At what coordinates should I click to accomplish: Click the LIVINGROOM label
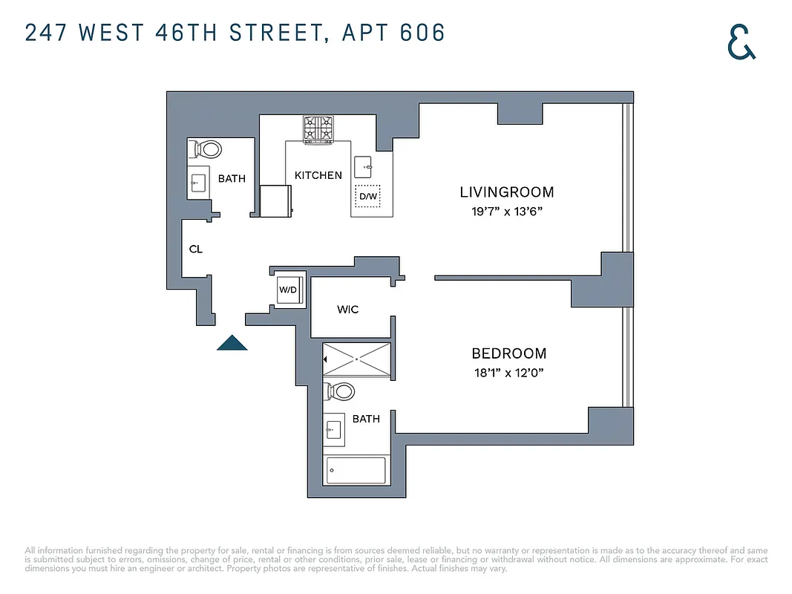pyautogui.click(x=506, y=192)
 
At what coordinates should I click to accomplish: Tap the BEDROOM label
pyautogui.click(x=508, y=353)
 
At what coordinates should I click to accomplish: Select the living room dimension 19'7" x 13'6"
pyautogui.click(x=506, y=212)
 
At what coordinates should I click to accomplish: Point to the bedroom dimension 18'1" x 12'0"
pyautogui.click(x=508, y=373)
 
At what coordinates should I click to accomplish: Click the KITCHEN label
pyautogui.click(x=318, y=175)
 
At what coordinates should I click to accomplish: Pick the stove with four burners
pyautogui.click(x=318, y=129)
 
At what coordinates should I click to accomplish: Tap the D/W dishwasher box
pyautogui.click(x=367, y=197)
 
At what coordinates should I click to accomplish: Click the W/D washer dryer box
pyautogui.click(x=289, y=290)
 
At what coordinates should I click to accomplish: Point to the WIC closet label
pyautogui.click(x=347, y=309)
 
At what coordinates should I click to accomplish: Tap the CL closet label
pyautogui.click(x=195, y=249)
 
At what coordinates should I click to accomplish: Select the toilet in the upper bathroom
pyautogui.click(x=206, y=149)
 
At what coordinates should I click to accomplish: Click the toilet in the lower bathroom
pyautogui.click(x=341, y=391)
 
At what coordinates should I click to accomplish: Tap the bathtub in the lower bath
pyautogui.click(x=356, y=471)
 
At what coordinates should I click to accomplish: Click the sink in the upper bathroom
pyautogui.click(x=198, y=183)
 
